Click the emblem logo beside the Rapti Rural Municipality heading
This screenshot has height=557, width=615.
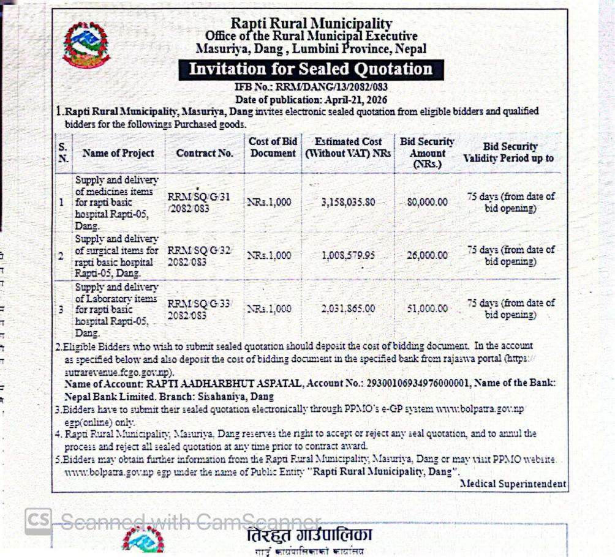click(86, 45)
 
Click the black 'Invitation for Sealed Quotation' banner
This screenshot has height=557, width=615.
click(311, 69)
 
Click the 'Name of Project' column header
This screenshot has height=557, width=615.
click(118, 153)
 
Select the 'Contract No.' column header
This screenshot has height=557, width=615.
click(205, 153)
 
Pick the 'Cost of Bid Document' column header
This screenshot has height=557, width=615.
click(273, 148)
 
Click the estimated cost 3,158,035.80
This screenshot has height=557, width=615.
click(349, 202)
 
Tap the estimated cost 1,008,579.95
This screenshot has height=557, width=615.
click(349, 255)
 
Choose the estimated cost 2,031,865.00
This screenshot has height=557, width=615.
click(349, 309)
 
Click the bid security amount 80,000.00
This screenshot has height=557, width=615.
click(427, 202)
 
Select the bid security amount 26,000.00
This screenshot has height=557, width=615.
click(427, 255)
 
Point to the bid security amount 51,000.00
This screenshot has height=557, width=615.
click(427, 309)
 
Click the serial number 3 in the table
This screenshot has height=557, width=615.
click(61, 310)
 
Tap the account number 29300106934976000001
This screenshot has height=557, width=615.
click(418, 383)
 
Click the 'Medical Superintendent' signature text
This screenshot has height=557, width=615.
click(513, 484)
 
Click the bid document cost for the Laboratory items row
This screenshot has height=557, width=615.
click(270, 309)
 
